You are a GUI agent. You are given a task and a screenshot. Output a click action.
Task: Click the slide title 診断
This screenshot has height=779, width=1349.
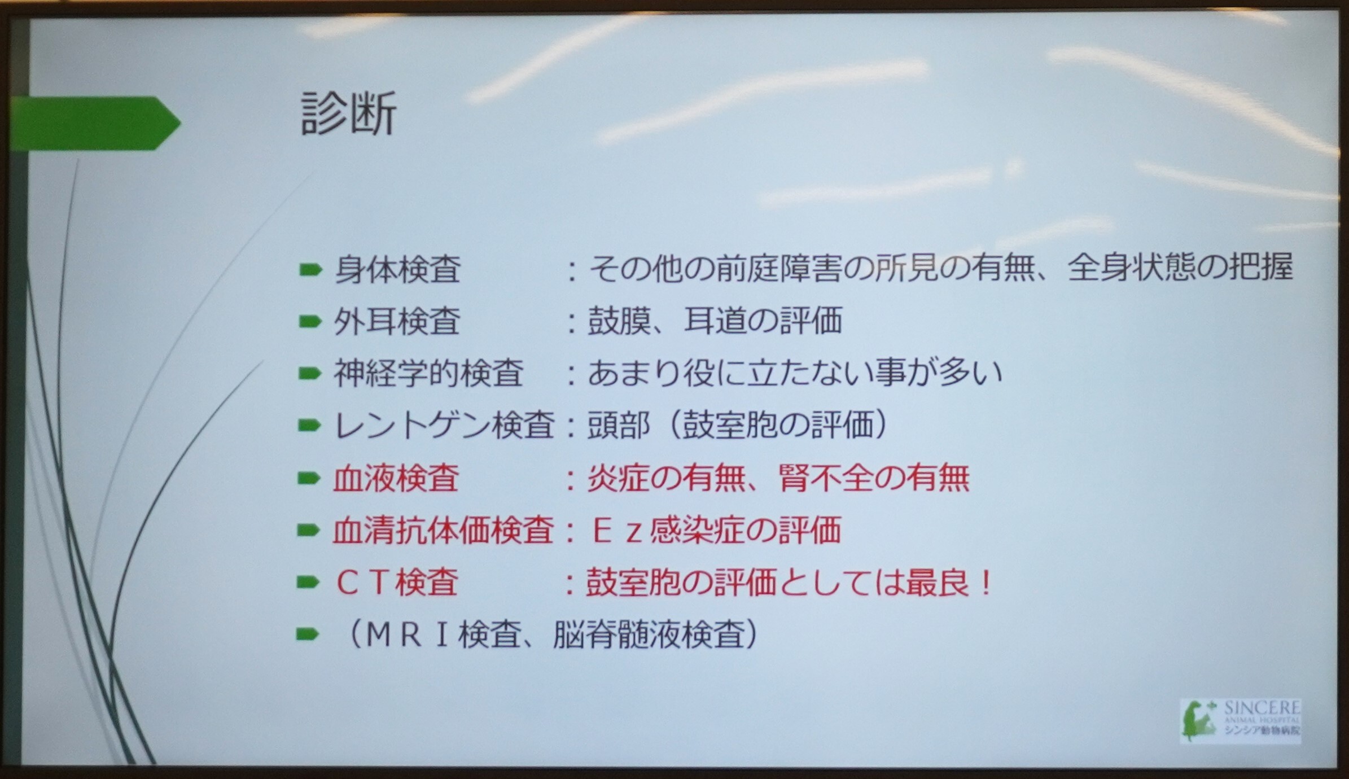349,114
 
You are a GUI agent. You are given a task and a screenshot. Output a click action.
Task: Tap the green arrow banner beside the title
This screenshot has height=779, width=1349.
95,123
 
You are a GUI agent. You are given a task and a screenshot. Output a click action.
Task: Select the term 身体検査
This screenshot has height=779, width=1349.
397,269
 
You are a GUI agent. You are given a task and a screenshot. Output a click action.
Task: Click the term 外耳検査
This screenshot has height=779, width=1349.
397,321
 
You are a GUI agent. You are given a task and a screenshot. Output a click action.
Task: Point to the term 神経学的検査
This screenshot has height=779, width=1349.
428,373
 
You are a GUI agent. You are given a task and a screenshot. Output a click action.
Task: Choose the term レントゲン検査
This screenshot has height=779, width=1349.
444,425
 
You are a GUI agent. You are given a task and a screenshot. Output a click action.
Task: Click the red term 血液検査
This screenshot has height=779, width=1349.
396,478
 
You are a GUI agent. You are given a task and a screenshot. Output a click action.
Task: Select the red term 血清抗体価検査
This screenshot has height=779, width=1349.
443,531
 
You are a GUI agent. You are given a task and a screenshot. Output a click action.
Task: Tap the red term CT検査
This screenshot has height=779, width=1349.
397,583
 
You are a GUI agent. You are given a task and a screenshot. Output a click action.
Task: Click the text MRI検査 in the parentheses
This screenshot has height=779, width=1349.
443,635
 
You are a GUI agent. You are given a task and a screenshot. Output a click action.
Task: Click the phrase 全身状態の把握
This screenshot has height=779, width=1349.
1180,268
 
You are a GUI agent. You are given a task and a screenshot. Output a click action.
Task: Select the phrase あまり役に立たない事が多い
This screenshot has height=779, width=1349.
795,373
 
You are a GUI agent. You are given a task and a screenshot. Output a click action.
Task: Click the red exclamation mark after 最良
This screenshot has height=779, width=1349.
986,583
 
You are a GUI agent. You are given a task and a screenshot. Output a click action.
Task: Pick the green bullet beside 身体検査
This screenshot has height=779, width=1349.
310,270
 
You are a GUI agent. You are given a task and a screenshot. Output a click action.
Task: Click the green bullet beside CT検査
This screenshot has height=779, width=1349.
308,583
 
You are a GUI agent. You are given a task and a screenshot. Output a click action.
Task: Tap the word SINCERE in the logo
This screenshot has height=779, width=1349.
1262,708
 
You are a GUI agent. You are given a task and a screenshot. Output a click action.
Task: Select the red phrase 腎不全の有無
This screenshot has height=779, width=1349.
874,478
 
